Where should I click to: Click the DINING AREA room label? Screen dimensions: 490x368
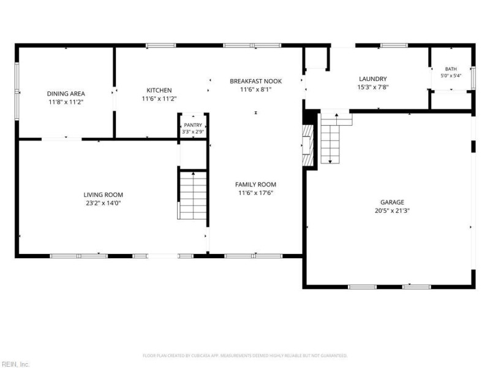click(66, 94)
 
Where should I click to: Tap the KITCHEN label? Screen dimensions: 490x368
click(159, 90)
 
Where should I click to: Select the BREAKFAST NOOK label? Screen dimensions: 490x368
click(255, 82)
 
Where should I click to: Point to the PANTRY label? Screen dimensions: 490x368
click(193, 125)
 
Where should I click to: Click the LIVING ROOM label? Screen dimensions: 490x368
click(103, 194)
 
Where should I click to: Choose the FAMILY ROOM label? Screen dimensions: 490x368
click(255, 185)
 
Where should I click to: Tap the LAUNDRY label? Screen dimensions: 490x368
click(373, 79)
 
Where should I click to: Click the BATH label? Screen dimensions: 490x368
click(451, 69)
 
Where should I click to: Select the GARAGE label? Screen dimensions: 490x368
click(392, 202)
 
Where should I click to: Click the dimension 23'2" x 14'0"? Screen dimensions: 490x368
click(103, 203)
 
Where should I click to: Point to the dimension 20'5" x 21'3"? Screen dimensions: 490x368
click(392, 210)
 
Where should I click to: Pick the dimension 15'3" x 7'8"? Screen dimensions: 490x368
click(373, 87)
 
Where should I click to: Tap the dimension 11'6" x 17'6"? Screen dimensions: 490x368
click(255, 193)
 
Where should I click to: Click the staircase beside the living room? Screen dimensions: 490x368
click(193, 195)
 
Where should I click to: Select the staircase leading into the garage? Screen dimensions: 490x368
click(333, 138)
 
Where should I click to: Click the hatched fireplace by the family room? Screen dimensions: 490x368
click(307, 145)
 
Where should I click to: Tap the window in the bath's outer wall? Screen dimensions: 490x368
click(473, 78)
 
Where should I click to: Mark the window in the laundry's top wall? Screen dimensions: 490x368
click(394, 45)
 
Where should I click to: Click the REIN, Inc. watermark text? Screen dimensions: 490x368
click(15, 364)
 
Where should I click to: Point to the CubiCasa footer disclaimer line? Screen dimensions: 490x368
click(245, 356)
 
